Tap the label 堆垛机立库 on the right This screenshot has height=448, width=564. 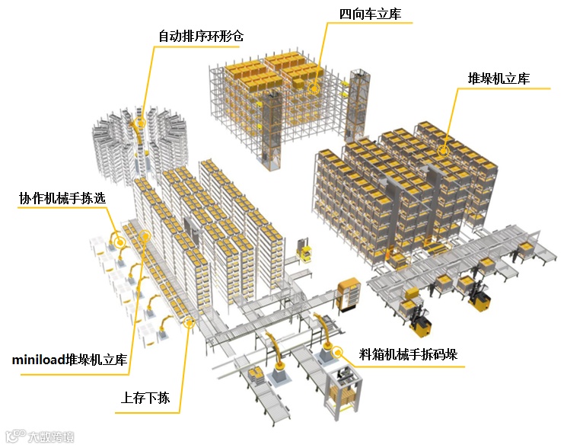click(x=499, y=79)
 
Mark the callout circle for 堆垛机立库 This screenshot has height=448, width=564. click(x=443, y=151)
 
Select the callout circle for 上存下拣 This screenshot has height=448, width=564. click(x=190, y=323)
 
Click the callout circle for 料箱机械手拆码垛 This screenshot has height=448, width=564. click(x=327, y=353)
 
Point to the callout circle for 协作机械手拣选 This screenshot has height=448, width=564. click(x=118, y=242)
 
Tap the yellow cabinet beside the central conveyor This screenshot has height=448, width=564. click(x=349, y=294)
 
